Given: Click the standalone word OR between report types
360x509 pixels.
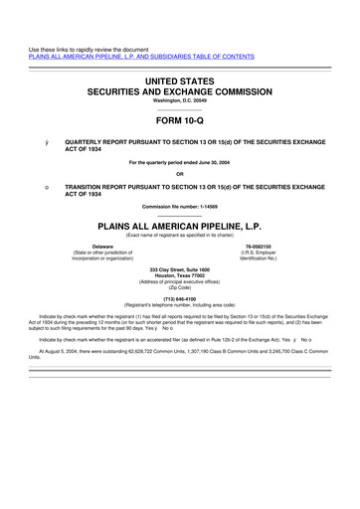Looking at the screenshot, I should pyautogui.click(x=180, y=173).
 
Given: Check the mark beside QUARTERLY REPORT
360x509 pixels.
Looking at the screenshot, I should pyautogui.click(x=46, y=142).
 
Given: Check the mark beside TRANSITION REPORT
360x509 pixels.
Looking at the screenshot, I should pyautogui.click(x=46, y=186).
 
